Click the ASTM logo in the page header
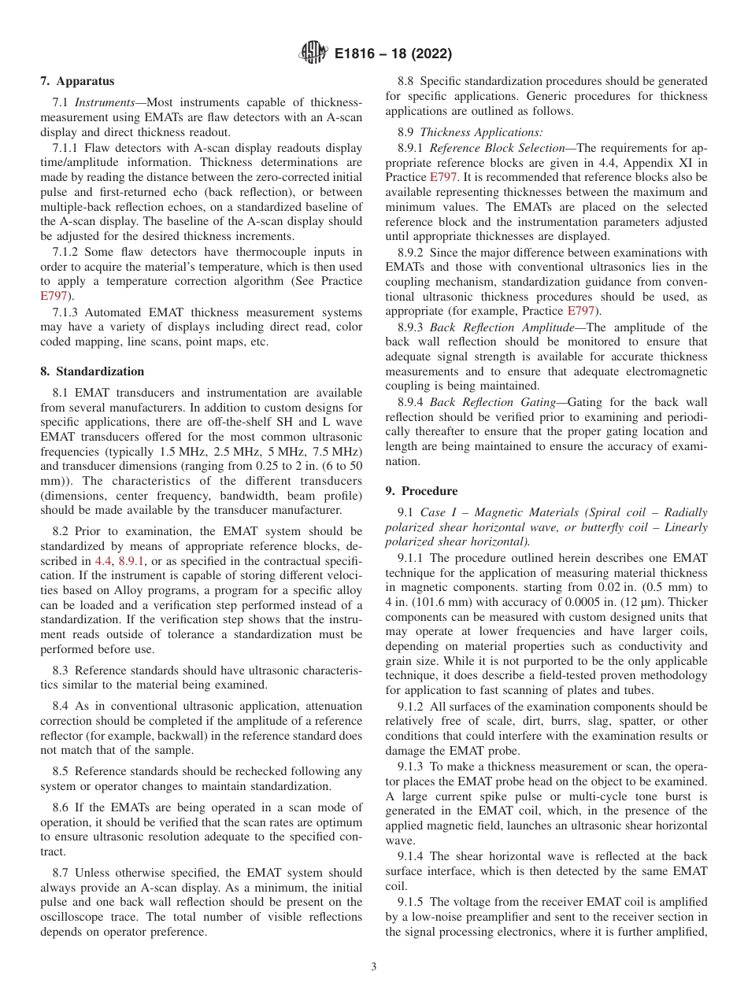point(314,54)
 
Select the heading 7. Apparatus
point(77,81)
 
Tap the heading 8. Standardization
point(92,371)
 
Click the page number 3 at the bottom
point(374,967)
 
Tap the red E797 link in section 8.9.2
point(580,310)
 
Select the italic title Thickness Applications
point(481,132)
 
